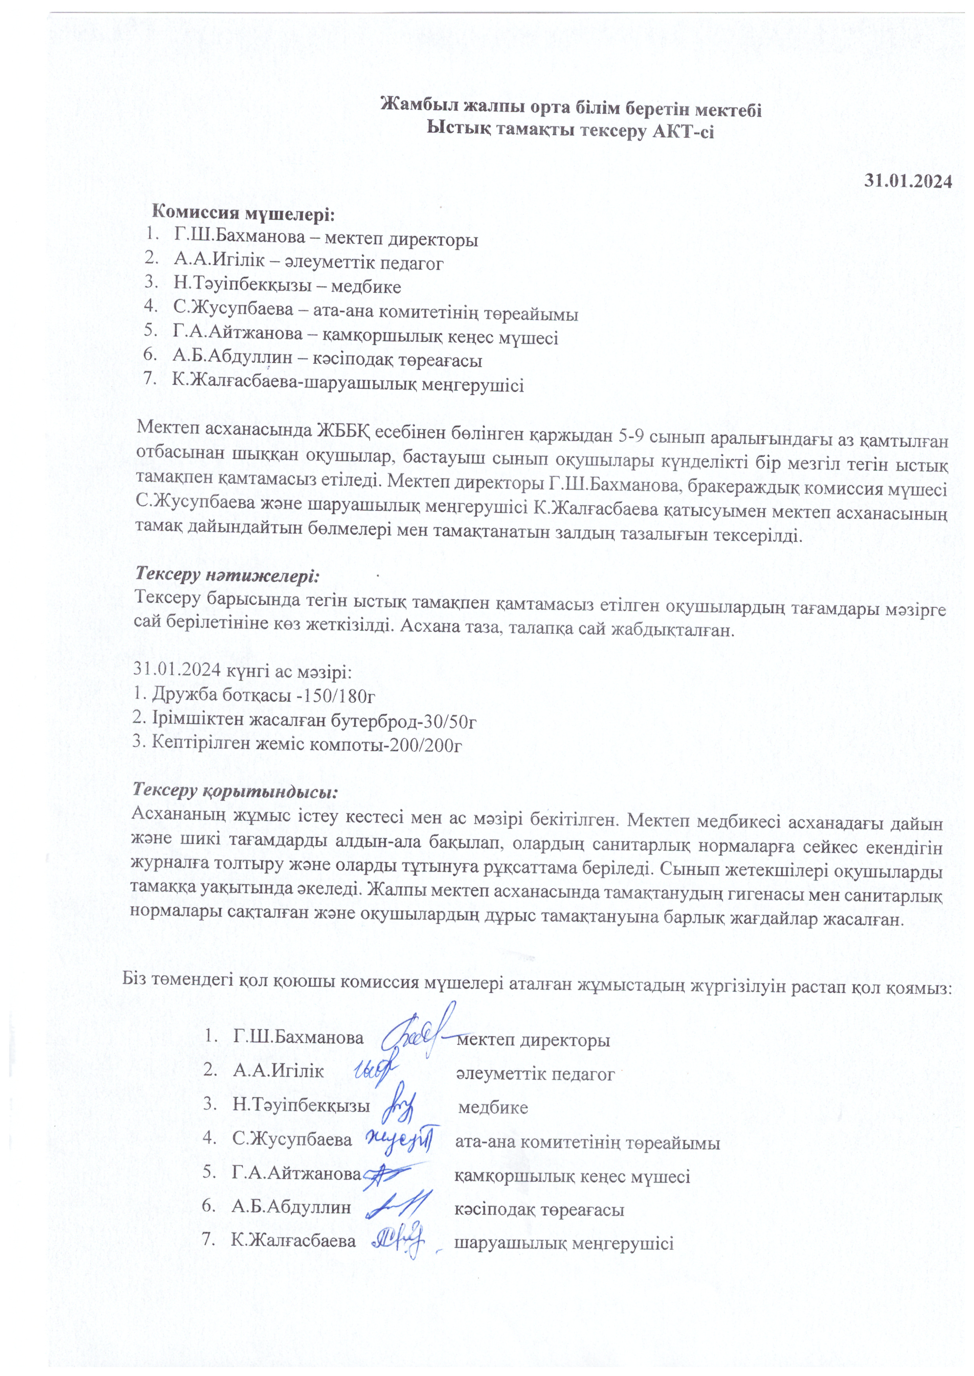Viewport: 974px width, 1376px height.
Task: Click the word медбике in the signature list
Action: pos(493,1107)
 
